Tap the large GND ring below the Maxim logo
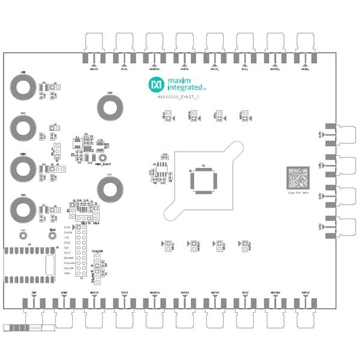(x=110, y=108)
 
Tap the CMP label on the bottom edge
(x=34, y=292)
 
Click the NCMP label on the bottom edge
(x=64, y=292)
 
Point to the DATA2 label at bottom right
(x=305, y=292)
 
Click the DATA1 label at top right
(x=305, y=69)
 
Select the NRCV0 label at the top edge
(x=94, y=69)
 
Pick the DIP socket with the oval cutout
(x=30, y=264)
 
